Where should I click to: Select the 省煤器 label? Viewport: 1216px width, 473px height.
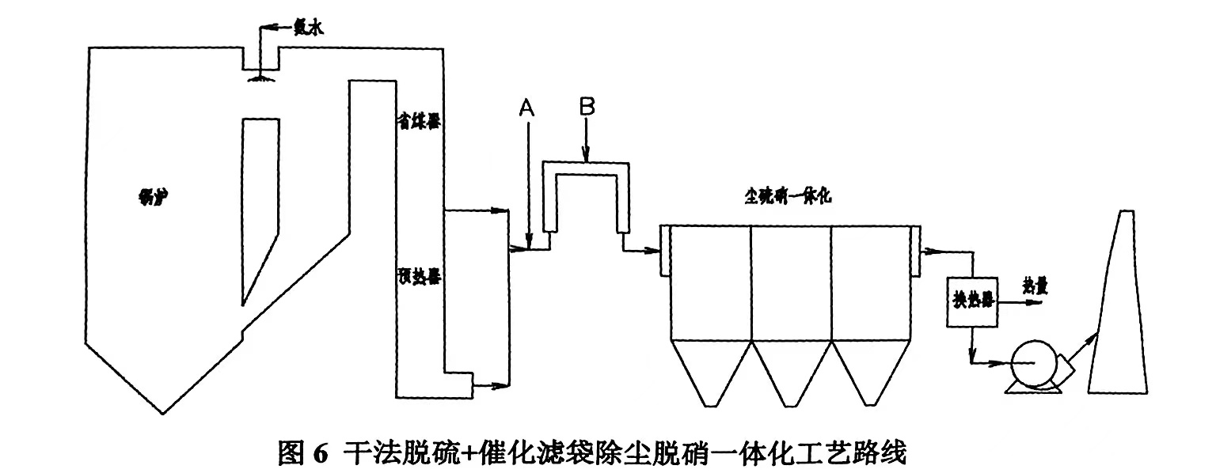(x=420, y=121)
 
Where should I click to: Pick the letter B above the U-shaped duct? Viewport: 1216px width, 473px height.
(x=586, y=108)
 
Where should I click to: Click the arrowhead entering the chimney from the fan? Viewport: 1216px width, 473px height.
(x=1093, y=338)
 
